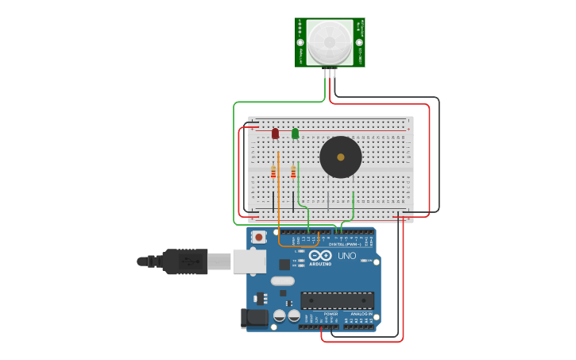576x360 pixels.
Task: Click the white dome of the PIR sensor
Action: pyautogui.click(x=330, y=42)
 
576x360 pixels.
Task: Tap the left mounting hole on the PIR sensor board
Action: pyautogui.click(x=300, y=42)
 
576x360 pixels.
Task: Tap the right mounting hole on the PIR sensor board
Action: pyautogui.click(x=359, y=42)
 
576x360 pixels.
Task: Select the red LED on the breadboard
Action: pyautogui.click(x=275, y=134)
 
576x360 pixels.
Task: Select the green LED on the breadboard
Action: pyautogui.click(x=295, y=134)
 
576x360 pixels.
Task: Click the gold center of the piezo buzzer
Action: pyautogui.click(x=341, y=157)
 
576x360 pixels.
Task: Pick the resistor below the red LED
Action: pyautogui.click(x=273, y=172)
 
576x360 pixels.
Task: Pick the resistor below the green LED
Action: pyautogui.click(x=293, y=172)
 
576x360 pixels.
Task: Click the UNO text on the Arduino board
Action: pyautogui.click(x=347, y=256)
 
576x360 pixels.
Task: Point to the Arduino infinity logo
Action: pyautogui.click(x=321, y=256)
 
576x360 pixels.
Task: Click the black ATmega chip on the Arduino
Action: pyautogui.click(x=337, y=300)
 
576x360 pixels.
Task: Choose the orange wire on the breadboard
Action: pyautogui.click(x=278, y=191)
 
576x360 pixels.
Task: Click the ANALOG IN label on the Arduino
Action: pyautogui.click(x=361, y=314)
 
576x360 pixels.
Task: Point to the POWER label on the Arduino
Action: pyautogui.click(x=331, y=314)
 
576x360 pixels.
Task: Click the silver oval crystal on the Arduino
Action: pyautogui.click(x=282, y=281)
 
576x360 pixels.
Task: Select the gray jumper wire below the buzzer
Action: pyautogui.click(x=327, y=199)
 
